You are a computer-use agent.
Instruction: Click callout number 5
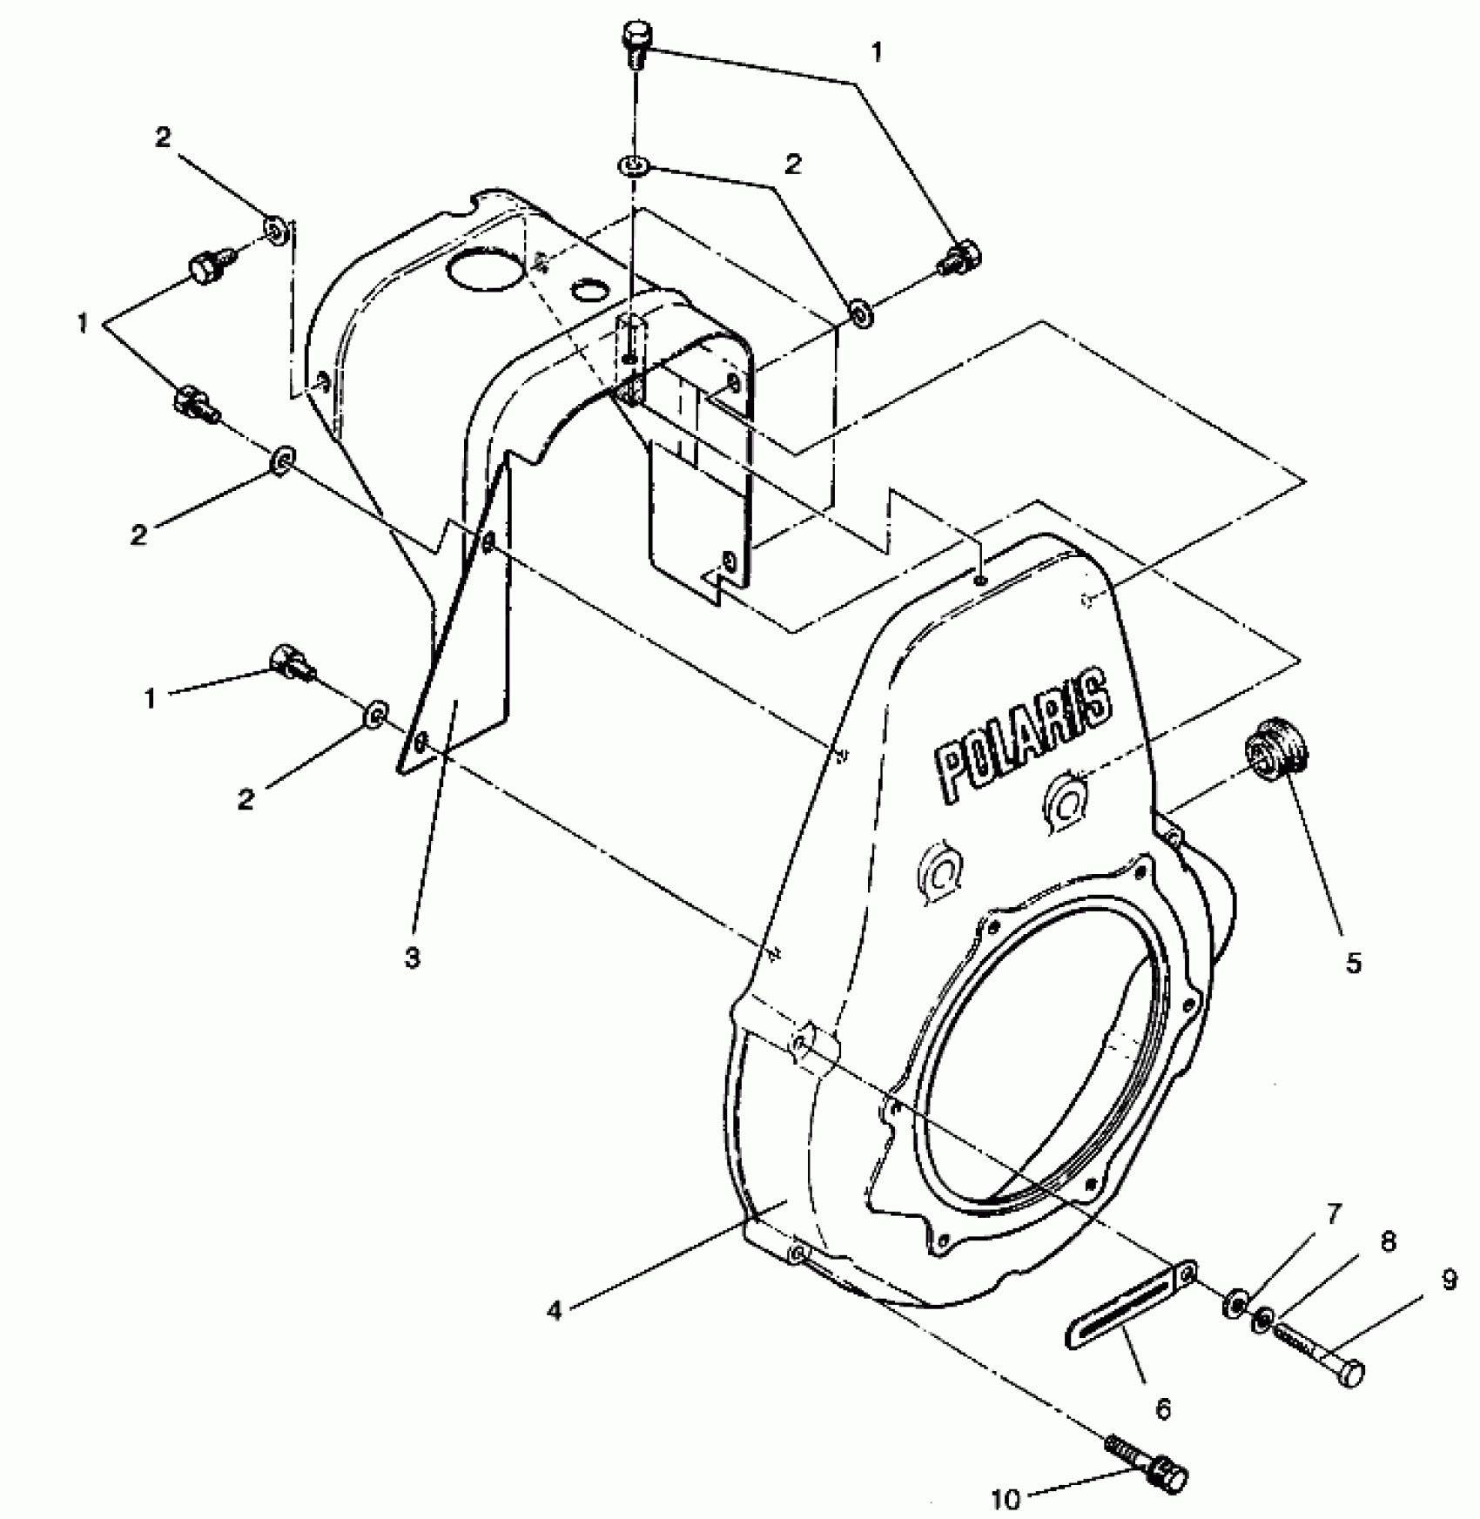(x=1352, y=962)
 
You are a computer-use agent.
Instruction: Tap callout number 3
(x=412, y=958)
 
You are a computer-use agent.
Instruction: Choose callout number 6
(x=1163, y=1408)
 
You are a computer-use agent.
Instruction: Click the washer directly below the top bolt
(x=633, y=164)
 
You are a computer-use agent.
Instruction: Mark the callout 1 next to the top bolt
(x=876, y=53)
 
